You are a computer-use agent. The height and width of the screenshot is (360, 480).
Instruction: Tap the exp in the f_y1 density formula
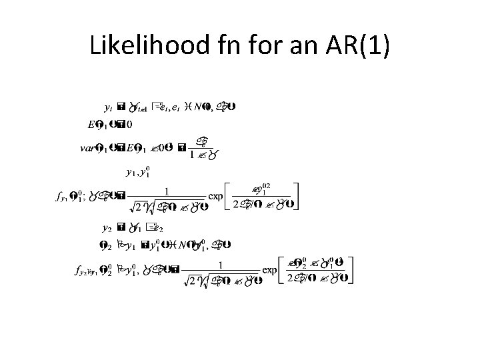[218, 197]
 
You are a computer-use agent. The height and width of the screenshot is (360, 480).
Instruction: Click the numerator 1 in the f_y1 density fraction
[167, 191]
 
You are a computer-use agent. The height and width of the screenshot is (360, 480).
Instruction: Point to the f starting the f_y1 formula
[57, 197]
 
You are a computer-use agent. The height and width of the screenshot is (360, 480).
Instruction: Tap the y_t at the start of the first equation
[109, 106]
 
